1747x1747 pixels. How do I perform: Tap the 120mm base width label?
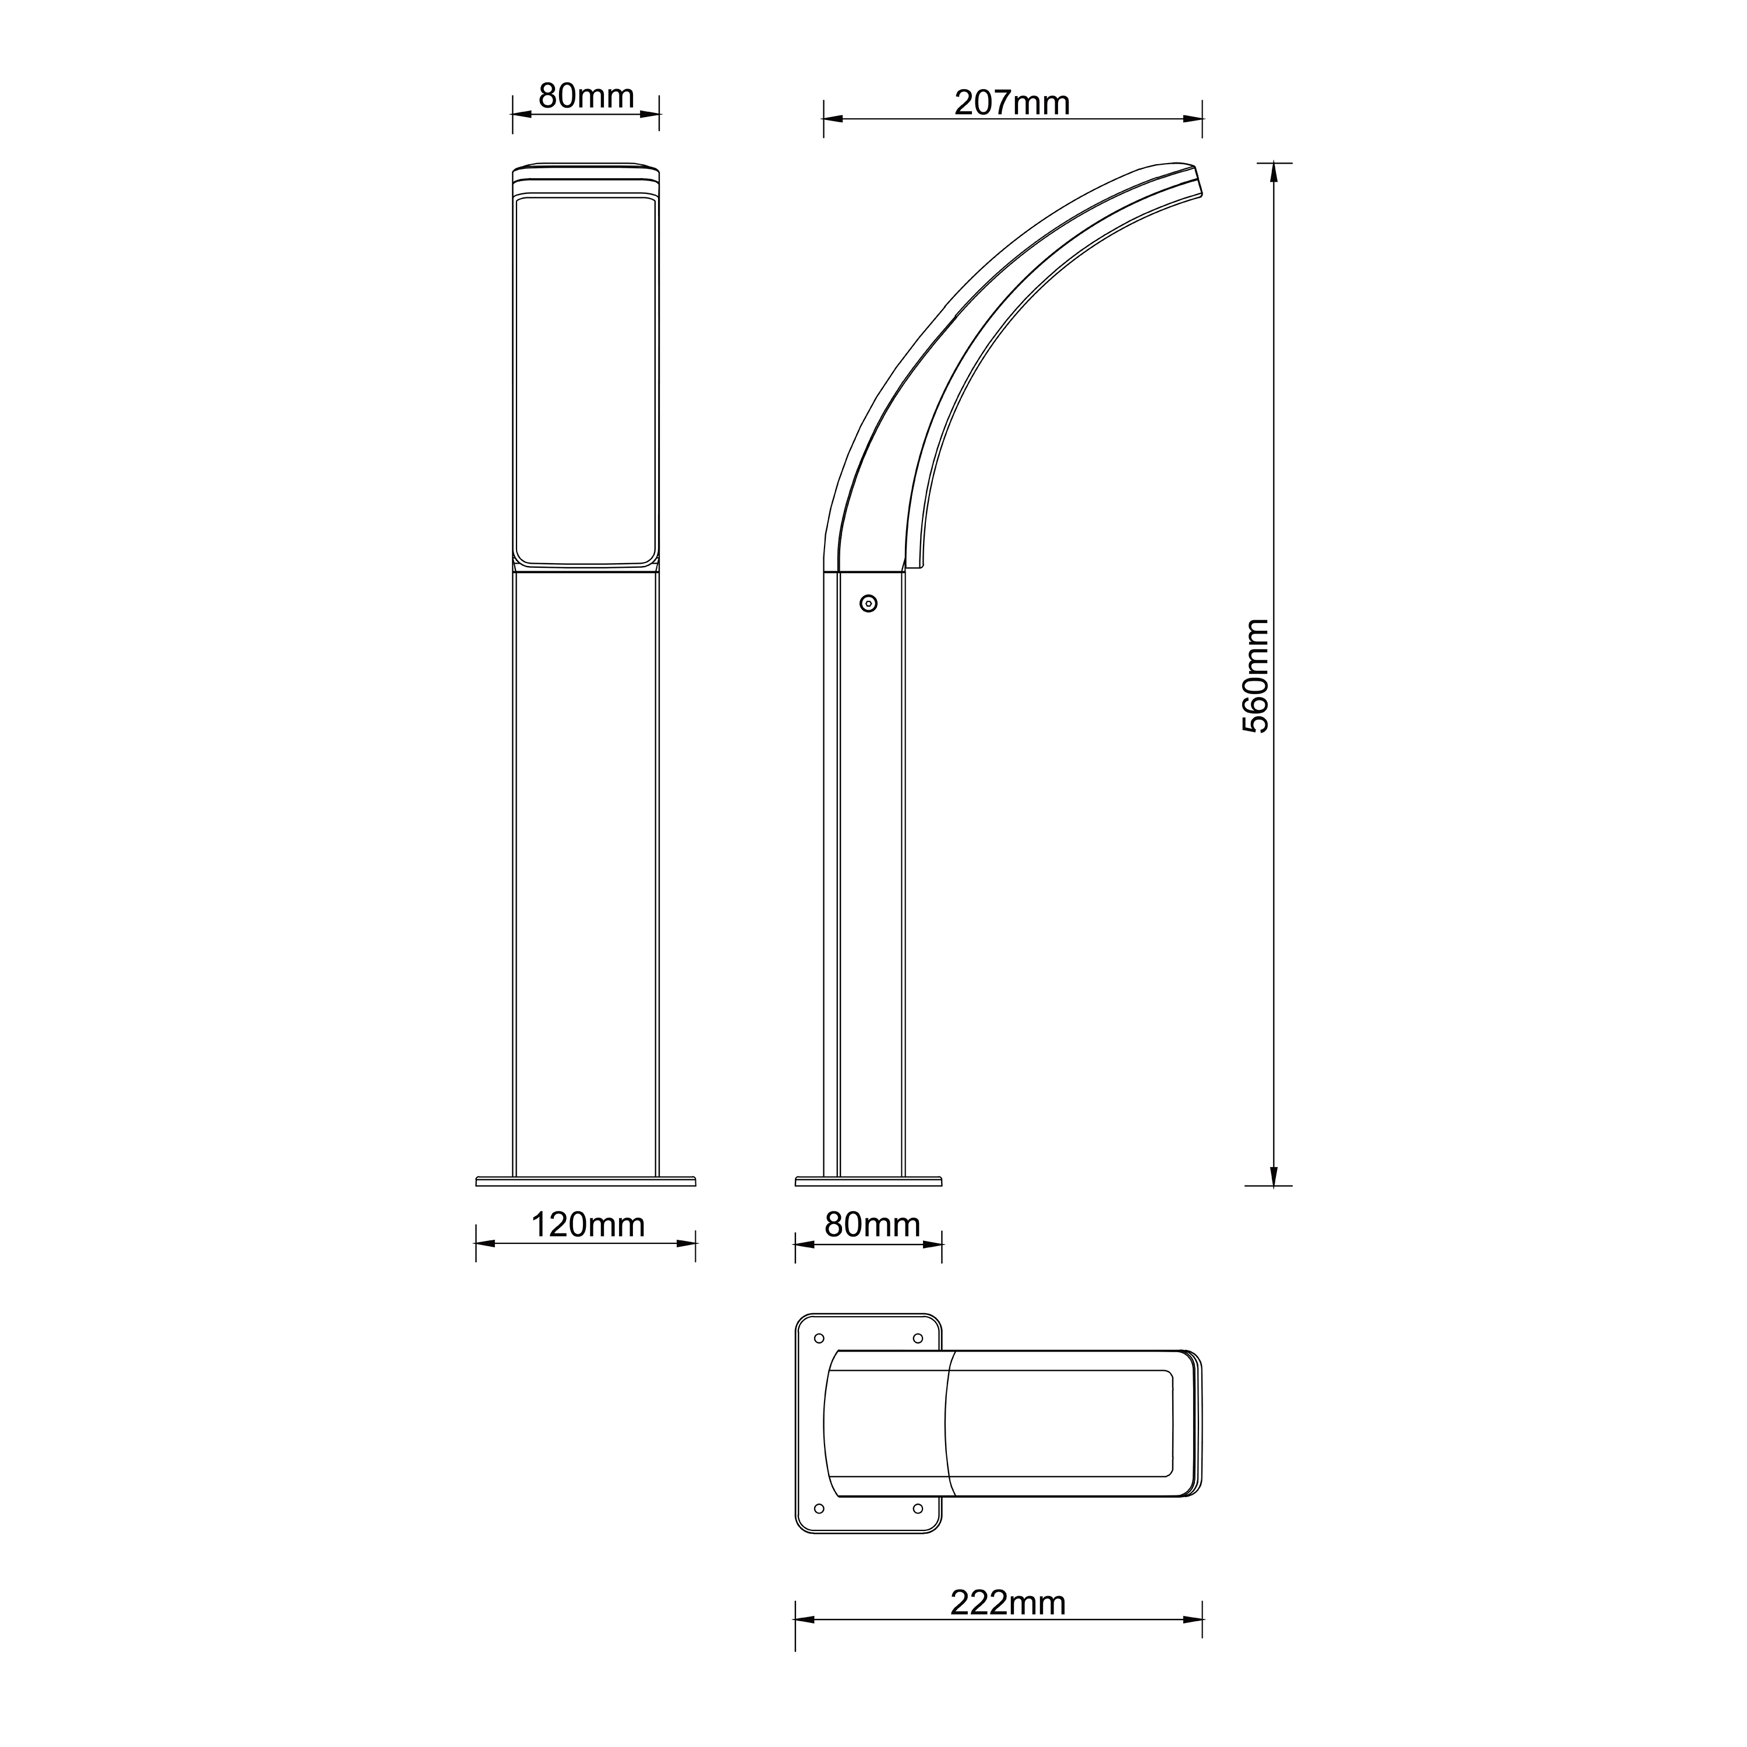[587, 1225]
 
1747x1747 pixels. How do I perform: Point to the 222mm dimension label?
[1007, 1603]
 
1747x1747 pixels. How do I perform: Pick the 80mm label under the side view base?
[872, 1225]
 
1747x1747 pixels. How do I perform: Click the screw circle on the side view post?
[868, 603]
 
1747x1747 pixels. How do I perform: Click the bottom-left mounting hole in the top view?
[819, 1508]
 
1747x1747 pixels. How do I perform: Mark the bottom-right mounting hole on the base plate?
[917, 1508]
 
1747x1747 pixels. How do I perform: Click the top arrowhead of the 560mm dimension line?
[1274, 172]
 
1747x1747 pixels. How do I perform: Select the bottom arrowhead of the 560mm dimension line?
[1274, 1176]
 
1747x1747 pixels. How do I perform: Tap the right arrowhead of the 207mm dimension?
[1194, 118]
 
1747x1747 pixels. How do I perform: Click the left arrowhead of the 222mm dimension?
[804, 1619]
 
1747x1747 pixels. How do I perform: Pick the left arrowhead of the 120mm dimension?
[485, 1243]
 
